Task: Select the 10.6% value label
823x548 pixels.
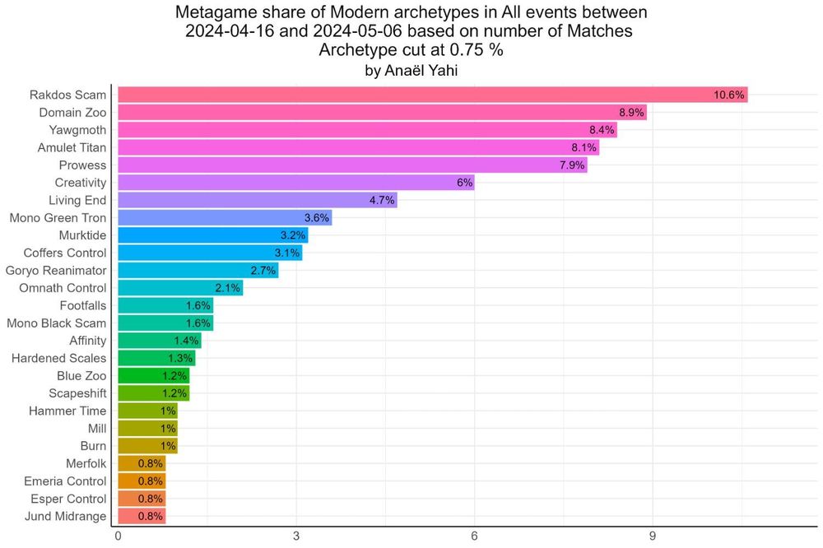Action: tap(729, 95)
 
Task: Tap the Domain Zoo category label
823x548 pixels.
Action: tap(72, 112)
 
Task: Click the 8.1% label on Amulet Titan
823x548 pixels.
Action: tap(583, 147)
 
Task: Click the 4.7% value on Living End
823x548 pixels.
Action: tap(381, 200)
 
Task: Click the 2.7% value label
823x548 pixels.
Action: tap(263, 271)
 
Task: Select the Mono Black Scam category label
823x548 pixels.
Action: tap(57, 323)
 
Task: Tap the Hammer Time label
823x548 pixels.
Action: tap(67, 411)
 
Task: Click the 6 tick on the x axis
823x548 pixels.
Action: tap(474, 536)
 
